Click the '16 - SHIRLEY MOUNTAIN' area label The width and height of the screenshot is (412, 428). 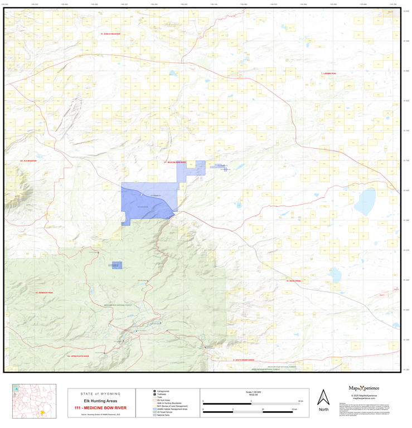pyautogui.click(x=110, y=34)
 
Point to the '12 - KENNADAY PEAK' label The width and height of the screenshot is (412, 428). pyautogui.click(x=43, y=293)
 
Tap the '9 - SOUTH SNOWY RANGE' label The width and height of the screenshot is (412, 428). pyautogui.click(x=243, y=360)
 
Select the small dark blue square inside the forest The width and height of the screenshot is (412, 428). pyautogui.click(x=117, y=266)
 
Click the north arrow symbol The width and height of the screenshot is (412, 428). pyautogui.click(x=323, y=397)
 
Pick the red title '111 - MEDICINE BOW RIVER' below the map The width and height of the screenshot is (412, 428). pyautogui.click(x=100, y=408)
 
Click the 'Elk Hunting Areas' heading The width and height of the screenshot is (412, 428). pyautogui.click(x=100, y=401)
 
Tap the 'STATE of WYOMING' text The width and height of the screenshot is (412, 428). pyautogui.click(x=100, y=393)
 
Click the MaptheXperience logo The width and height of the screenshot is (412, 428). pyautogui.click(x=363, y=388)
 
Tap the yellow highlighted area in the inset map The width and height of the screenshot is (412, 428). pyautogui.click(x=42, y=412)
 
